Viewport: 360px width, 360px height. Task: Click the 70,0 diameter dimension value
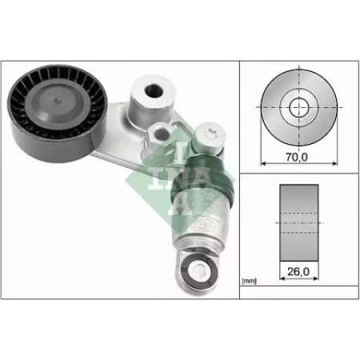[297, 158]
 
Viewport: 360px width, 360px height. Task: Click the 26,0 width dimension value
[298, 271]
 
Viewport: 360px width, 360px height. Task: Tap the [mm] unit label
[249, 281]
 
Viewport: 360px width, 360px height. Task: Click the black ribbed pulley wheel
[58, 113]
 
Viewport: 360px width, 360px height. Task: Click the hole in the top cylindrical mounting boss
[154, 90]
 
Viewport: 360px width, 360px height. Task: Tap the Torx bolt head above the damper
[210, 135]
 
